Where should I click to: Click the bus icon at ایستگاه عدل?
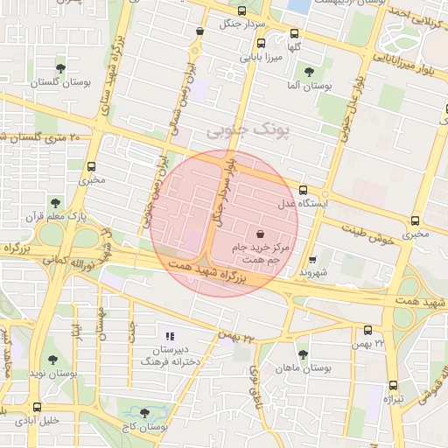pyautogui.click(x=304, y=190)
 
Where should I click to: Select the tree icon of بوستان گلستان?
pyautogui.click(x=60, y=67)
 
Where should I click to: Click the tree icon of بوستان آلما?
pyautogui.click(x=307, y=72)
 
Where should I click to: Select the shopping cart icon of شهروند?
pyautogui.click(x=312, y=259)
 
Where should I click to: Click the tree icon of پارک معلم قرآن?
pyautogui.click(x=56, y=202)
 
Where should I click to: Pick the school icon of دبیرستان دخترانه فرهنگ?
pyautogui.click(x=171, y=335)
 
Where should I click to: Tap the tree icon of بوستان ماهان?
pyautogui.click(x=303, y=354)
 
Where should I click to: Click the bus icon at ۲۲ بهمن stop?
pyautogui.click(x=367, y=331)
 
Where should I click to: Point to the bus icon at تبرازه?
pyautogui.click(x=393, y=385)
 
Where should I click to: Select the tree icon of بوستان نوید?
pyautogui.click(x=55, y=359)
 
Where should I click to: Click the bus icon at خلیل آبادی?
pyautogui.click(x=37, y=407)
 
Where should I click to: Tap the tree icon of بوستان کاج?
pyautogui.click(x=144, y=413)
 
